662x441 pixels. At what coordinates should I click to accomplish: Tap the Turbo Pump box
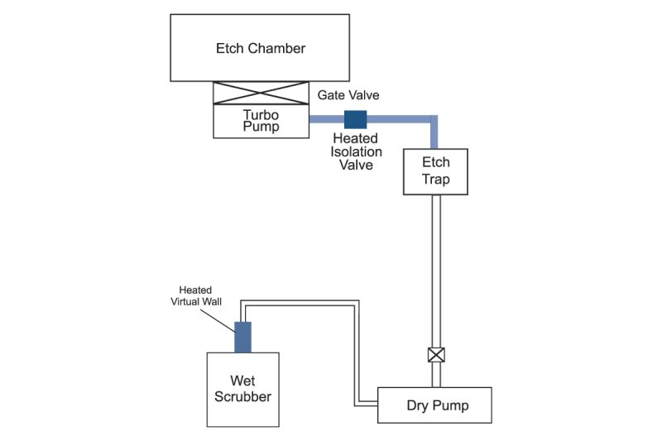point(261,121)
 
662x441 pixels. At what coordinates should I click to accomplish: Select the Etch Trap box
point(435,171)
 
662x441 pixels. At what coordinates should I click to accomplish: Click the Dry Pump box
point(434,405)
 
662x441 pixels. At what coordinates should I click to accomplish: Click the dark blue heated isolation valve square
point(355,118)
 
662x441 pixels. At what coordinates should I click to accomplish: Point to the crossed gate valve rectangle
point(261,93)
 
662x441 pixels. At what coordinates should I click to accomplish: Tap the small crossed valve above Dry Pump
point(436,355)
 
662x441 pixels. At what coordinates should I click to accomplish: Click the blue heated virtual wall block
point(242,336)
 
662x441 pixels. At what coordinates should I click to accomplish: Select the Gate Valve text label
point(348,96)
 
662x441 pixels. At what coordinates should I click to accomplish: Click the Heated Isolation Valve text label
point(357,151)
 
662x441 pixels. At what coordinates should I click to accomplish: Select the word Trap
point(435,180)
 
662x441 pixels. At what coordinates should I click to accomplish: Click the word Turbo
point(261,114)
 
